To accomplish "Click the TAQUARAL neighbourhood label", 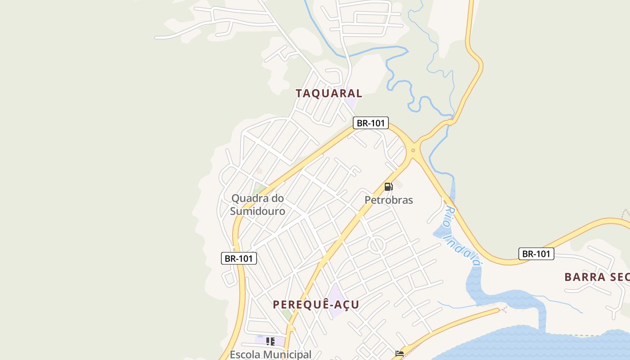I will (328, 94).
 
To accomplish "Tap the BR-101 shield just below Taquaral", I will (370, 123).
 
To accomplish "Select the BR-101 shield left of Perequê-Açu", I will (239, 258).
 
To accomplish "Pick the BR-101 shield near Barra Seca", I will (536, 254).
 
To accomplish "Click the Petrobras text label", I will (389, 200).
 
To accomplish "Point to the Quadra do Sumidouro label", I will (257, 204).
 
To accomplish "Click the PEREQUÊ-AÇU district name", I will (316, 305).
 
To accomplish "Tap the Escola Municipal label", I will (270, 355).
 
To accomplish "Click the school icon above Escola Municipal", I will (270, 342).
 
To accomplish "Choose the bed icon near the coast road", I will (399, 354).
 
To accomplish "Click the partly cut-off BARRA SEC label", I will (597, 277).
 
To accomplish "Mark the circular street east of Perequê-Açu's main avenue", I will (377, 245).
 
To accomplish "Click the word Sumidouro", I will (257, 211).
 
